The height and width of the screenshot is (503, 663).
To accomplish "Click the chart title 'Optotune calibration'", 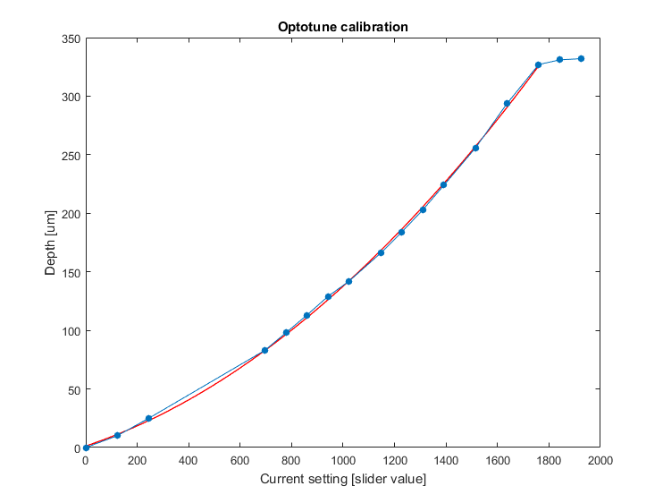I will pyautogui.click(x=342, y=27).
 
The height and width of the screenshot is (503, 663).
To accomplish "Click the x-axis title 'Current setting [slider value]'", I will pyautogui.click(x=342, y=480).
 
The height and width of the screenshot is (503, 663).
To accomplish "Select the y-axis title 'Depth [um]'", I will pyautogui.click(x=51, y=243).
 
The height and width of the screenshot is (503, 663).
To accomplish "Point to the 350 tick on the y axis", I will pyautogui.click(x=70, y=38).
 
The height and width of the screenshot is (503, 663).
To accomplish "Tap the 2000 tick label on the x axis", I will pyautogui.click(x=600, y=461).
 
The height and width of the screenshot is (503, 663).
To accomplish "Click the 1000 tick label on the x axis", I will pyautogui.click(x=342, y=461).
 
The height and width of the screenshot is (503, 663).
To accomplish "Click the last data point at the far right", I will pyautogui.click(x=581, y=58).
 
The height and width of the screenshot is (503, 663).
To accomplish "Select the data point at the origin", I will pyautogui.click(x=86, y=448).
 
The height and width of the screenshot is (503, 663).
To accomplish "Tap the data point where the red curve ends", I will pyautogui.click(x=538, y=64).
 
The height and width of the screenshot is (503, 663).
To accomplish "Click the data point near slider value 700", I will pyautogui.click(x=264, y=350).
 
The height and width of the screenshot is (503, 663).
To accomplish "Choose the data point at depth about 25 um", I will pyautogui.click(x=148, y=418).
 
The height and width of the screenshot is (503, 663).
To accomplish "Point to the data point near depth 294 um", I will pyautogui.click(x=507, y=103).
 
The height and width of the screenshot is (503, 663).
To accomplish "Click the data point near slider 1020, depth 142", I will pyautogui.click(x=348, y=281).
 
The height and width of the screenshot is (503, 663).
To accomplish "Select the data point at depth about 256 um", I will pyautogui.click(x=475, y=148).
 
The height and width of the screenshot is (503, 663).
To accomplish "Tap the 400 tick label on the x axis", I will pyautogui.click(x=188, y=461).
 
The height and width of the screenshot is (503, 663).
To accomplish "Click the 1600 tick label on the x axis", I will pyautogui.click(x=497, y=461).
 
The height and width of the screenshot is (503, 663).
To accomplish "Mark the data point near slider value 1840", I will pyautogui.click(x=559, y=59).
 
